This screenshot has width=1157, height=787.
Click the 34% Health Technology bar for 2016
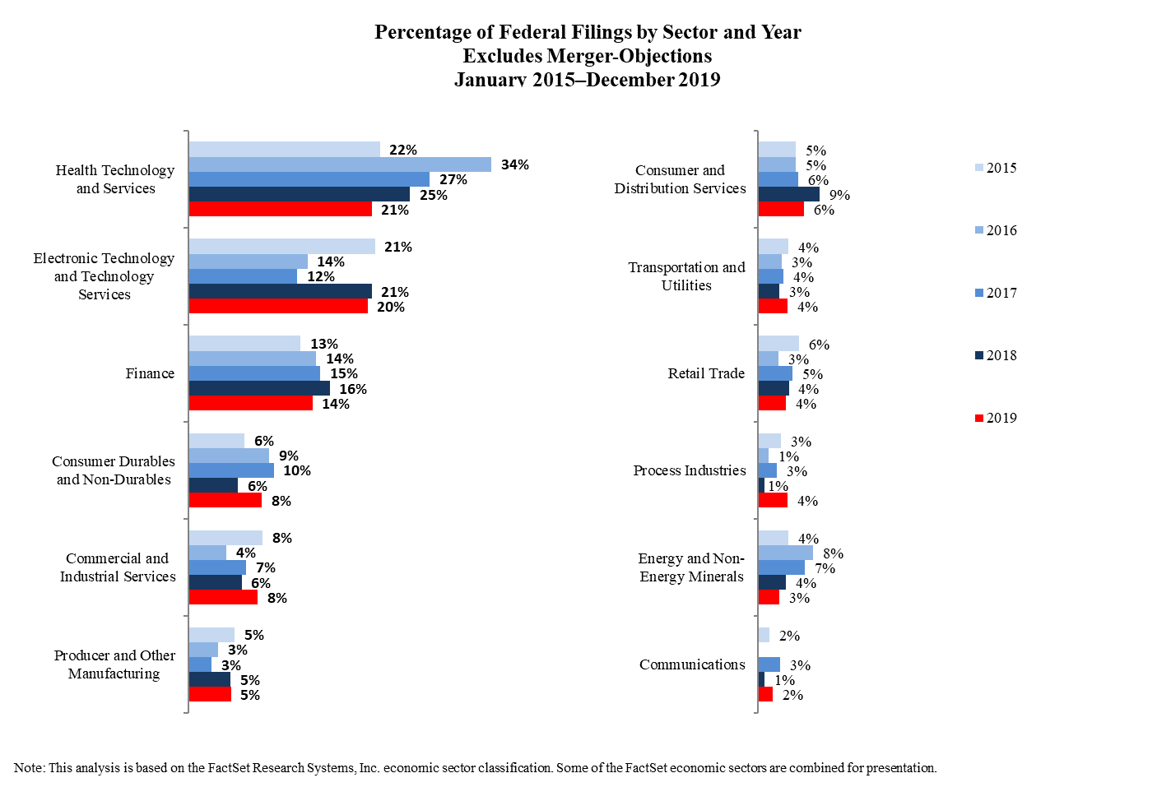click(340, 164)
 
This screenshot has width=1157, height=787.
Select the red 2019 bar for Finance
click(251, 404)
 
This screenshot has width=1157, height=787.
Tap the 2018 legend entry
click(996, 355)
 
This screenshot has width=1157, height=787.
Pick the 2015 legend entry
click(996, 168)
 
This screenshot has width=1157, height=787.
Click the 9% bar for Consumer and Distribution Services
click(788, 195)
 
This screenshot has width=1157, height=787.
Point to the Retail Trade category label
click(706, 373)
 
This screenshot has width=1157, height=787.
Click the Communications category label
click(692, 664)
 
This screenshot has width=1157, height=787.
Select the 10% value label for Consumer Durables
click(297, 471)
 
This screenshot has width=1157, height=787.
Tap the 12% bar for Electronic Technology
click(243, 277)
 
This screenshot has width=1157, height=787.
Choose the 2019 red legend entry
click(996, 418)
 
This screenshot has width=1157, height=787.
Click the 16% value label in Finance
click(353, 389)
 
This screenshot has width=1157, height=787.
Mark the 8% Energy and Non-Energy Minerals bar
click(785, 553)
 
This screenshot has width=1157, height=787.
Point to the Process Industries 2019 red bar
click(773, 501)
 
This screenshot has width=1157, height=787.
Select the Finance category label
click(150, 373)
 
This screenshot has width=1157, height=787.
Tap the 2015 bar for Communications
click(764, 636)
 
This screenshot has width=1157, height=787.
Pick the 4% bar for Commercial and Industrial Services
click(207, 553)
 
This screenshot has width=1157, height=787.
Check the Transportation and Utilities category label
click(686, 276)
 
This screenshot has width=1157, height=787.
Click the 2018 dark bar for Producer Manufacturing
click(210, 680)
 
